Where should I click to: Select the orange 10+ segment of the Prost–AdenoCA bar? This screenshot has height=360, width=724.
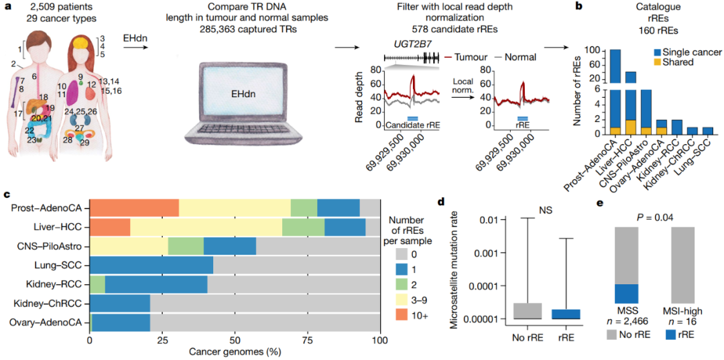134,208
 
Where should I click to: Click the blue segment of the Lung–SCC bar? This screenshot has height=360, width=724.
152,265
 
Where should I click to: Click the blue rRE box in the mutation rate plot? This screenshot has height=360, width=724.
566,314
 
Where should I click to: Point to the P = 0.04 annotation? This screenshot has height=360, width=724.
655,216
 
